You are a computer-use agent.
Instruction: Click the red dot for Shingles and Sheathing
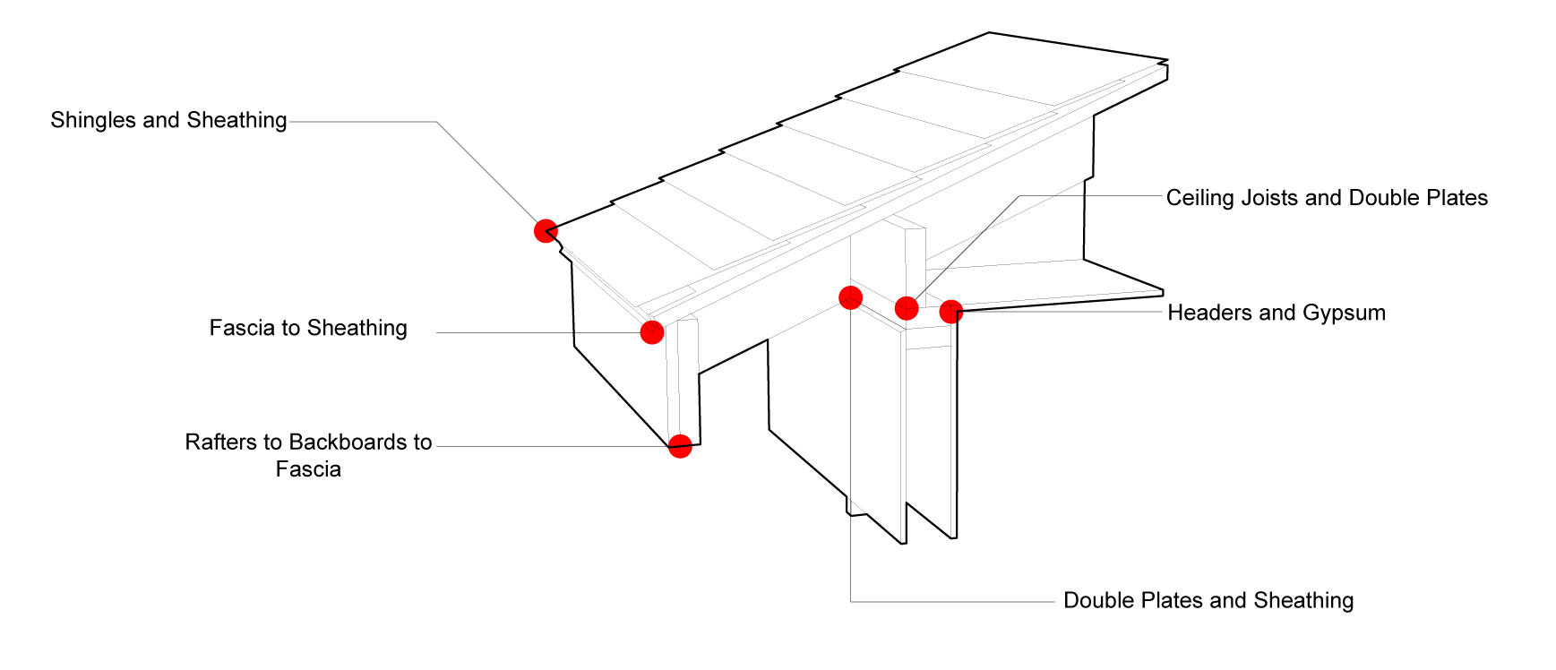(x=546, y=231)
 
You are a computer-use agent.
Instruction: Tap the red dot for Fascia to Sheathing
(x=652, y=332)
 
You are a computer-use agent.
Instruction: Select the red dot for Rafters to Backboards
(x=680, y=446)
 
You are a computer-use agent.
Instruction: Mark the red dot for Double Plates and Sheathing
(x=850, y=297)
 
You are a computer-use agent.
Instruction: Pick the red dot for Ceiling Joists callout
(x=907, y=308)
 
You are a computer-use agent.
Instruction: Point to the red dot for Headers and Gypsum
(x=951, y=312)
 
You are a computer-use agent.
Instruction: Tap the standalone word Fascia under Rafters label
(x=308, y=469)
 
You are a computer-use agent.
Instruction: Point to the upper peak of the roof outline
(x=989, y=34)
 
